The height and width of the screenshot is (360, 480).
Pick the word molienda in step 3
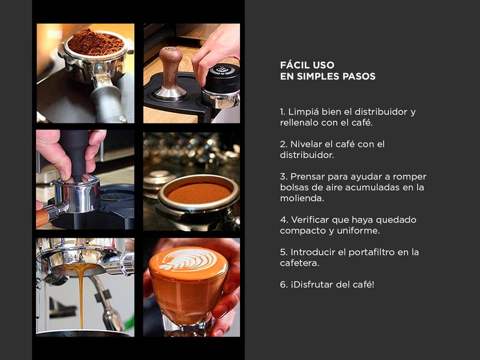point(301,199)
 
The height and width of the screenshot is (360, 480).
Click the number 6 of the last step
point(283,284)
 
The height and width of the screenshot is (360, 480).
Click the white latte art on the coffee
point(188,260)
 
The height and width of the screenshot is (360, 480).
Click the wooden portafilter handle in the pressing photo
point(42,217)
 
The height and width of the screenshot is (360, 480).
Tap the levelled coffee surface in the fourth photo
point(199,193)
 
